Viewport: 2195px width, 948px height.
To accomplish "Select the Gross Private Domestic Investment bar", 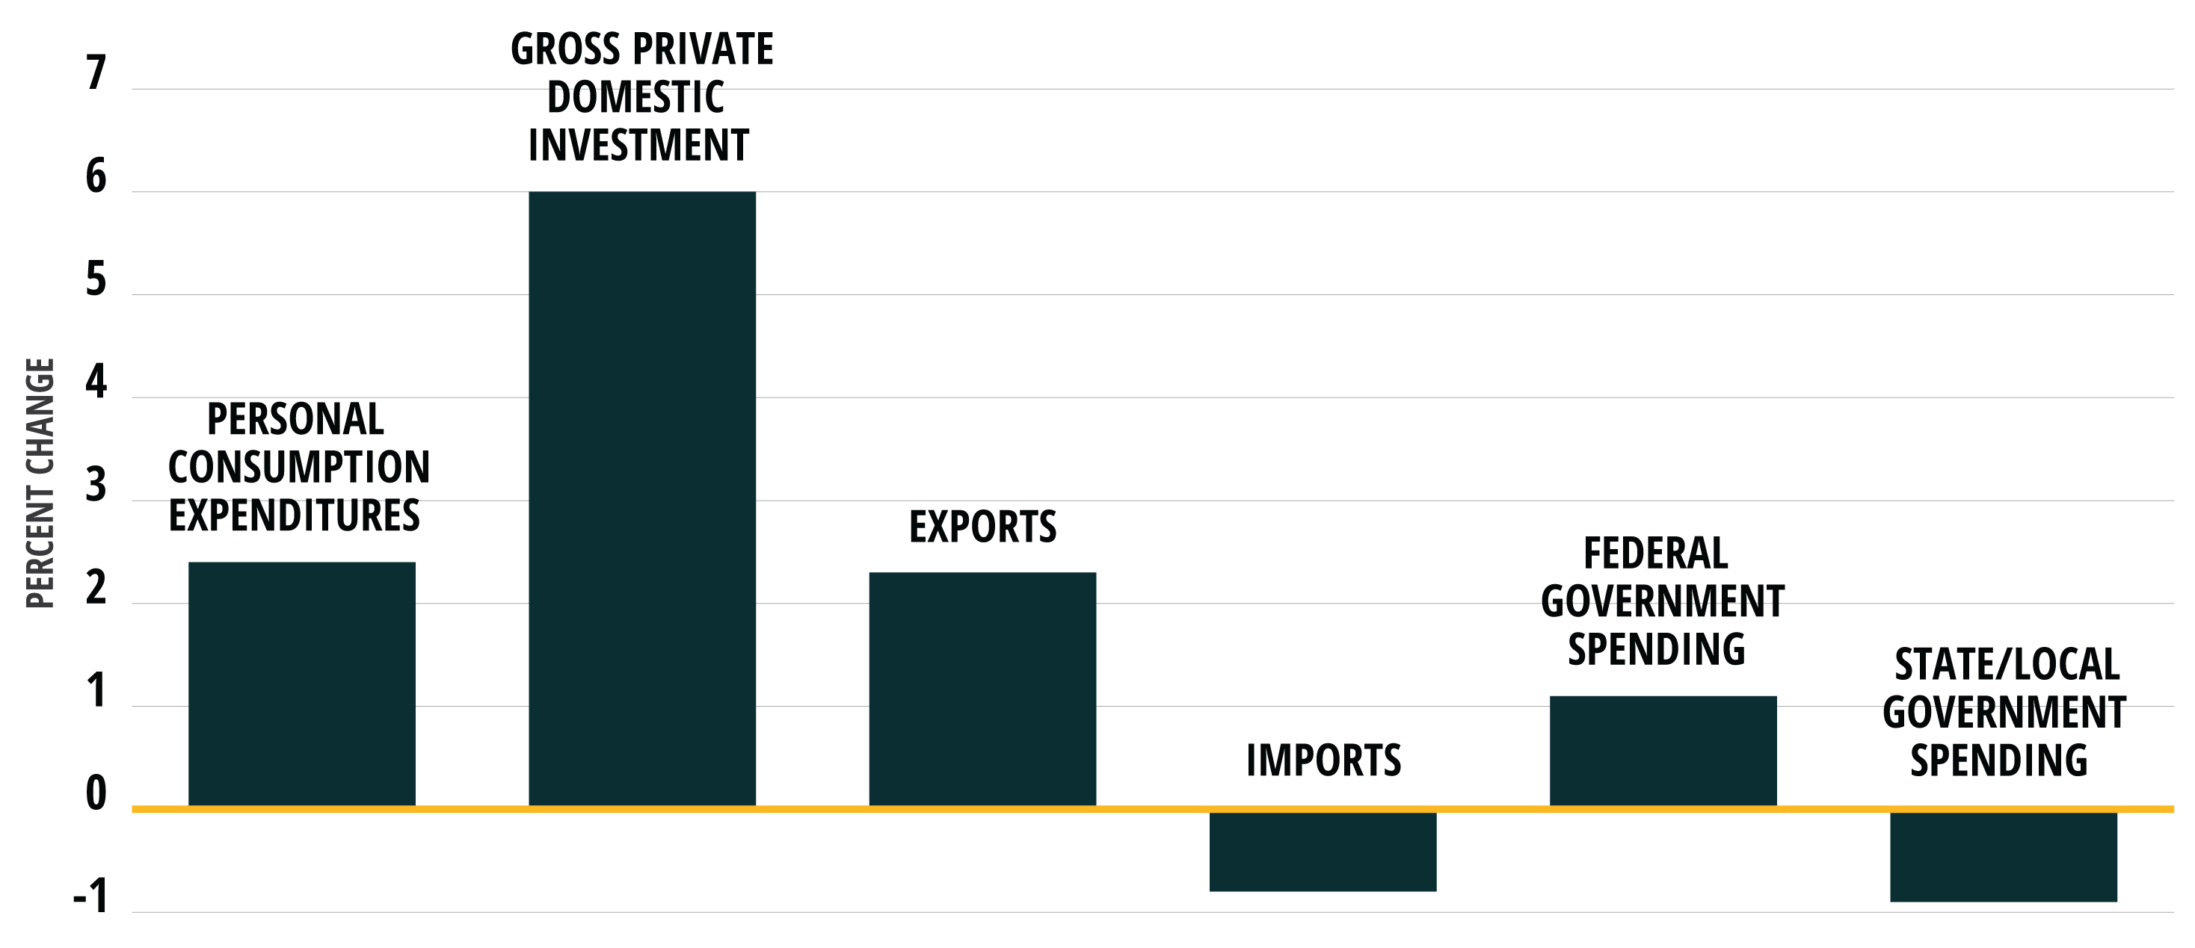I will point(641,498).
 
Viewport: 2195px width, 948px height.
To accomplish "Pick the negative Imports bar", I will point(1323,852).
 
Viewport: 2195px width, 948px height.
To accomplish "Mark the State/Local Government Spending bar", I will point(2004,857).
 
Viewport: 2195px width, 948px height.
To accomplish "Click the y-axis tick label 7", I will point(96,73).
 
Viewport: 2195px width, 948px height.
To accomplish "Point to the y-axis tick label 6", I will point(96,176).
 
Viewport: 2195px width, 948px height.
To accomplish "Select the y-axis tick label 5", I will point(96,279).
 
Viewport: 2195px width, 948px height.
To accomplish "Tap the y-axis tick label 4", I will point(96,382).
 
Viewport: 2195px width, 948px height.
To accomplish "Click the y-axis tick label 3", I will point(96,485).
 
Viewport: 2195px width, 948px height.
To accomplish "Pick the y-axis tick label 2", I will point(96,588).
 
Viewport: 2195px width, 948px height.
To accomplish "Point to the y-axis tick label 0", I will point(96,794).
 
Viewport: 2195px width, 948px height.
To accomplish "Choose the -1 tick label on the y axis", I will point(91,897).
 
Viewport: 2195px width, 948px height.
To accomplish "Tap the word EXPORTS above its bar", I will point(982,527).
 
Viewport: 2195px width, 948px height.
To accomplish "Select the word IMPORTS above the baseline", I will point(1323,760).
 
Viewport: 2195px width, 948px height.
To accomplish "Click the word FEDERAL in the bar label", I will point(1656,554).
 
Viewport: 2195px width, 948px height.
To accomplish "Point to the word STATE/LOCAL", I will point(2007,664).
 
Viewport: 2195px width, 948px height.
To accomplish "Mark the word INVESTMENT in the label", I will point(638,145).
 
